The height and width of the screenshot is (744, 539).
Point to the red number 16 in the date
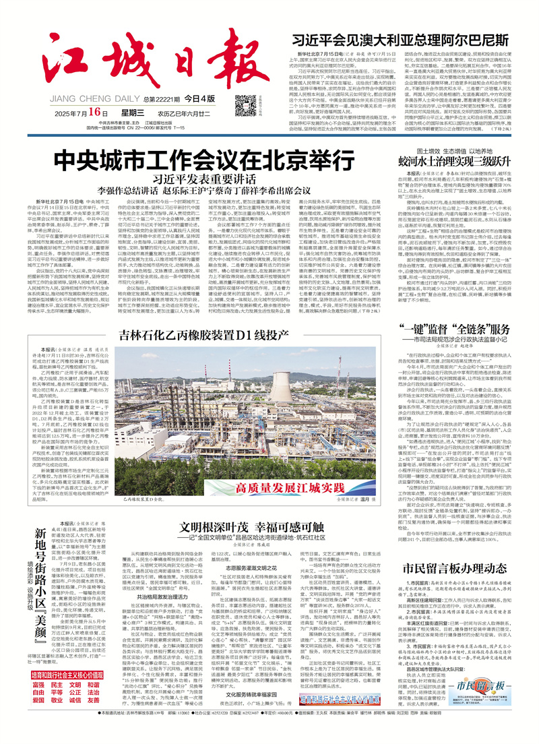point(98,111)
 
